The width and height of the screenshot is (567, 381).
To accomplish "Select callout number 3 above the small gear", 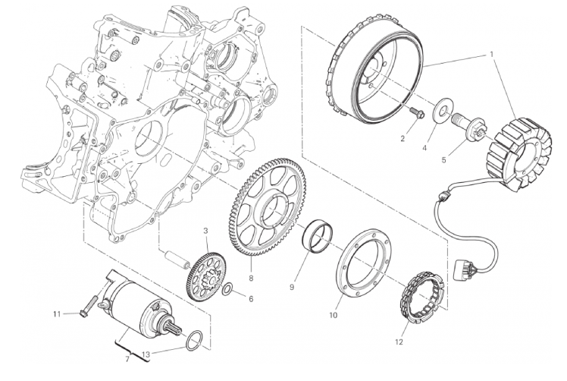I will (x=205, y=231).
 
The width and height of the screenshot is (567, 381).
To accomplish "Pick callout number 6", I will (x=251, y=299).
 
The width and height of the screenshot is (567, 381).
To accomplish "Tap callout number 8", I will (x=251, y=278).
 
